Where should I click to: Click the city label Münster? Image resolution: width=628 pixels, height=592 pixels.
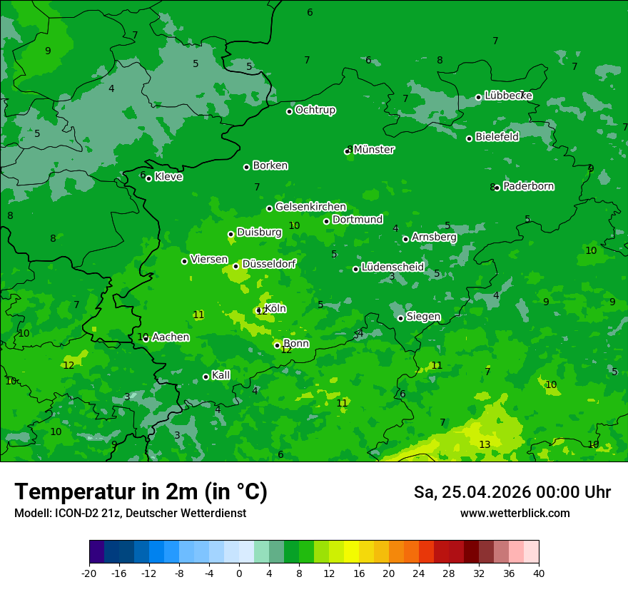point(374,150)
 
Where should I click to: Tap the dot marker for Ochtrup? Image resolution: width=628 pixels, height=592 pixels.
point(289,111)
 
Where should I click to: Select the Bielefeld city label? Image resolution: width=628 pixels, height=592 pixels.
point(497,137)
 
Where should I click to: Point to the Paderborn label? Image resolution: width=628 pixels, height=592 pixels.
point(528,186)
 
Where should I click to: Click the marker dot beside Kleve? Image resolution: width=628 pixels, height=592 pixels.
point(148,178)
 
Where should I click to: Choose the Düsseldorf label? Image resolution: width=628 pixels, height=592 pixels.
point(269,264)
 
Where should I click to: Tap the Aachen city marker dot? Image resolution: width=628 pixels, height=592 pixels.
point(146,339)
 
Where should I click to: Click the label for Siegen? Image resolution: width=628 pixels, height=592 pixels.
point(423,317)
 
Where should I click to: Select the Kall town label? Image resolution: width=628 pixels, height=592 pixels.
point(221,375)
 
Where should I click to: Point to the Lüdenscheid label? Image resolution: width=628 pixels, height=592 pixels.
point(392,267)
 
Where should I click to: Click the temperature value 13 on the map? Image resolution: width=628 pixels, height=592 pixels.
point(485,444)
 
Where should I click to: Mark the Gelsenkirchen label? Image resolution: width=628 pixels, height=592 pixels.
point(310,207)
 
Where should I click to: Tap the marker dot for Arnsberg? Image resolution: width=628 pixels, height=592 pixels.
point(405,239)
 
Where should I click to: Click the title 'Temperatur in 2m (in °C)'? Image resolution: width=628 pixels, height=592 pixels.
point(141,491)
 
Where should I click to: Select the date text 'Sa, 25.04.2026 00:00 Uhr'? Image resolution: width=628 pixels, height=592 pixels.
point(512,492)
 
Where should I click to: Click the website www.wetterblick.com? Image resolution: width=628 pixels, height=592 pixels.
point(515,514)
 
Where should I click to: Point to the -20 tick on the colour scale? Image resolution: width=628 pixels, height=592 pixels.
point(89,573)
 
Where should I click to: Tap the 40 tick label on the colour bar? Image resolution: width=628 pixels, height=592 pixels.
point(539,573)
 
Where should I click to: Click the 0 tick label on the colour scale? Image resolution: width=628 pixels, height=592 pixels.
point(239,573)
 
